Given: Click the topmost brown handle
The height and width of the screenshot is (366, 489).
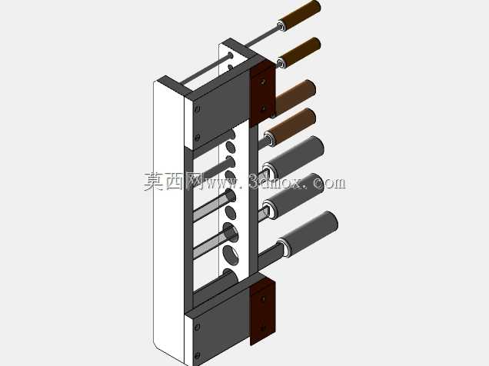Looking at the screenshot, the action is pyautogui.click(x=300, y=15).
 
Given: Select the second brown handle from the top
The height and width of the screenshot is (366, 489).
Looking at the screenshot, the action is pyautogui.click(x=299, y=52).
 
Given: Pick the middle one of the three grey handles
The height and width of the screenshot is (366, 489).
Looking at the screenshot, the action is pyautogui.click(x=294, y=196).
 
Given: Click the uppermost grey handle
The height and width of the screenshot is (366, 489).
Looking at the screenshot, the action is pyautogui.click(x=293, y=158).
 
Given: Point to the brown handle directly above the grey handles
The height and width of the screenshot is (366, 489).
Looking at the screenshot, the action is pyautogui.click(x=291, y=127).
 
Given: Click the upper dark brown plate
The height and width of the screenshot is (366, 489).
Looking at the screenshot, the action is pyautogui.click(x=263, y=94).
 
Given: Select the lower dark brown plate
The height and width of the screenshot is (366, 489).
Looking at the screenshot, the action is pyautogui.click(x=263, y=311).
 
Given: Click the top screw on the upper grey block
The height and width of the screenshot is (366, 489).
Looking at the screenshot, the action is pyautogui.click(x=197, y=109).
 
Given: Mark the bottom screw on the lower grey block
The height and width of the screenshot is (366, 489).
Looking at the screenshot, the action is pyautogui.click(x=197, y=355).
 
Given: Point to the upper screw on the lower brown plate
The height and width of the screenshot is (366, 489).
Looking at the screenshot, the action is pyautogui.click(x=264, y=299).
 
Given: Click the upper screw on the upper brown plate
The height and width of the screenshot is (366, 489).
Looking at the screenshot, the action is pyautogui.click(x=264, y=82).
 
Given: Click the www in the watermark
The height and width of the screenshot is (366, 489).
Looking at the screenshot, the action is pyautogui.click(x=219, y=182).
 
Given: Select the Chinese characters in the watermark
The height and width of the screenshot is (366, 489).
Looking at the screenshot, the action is pyautogui.click(x=173, y=181).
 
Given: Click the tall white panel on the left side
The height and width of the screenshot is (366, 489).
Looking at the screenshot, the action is pyautogui.click(x=168, y=218).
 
